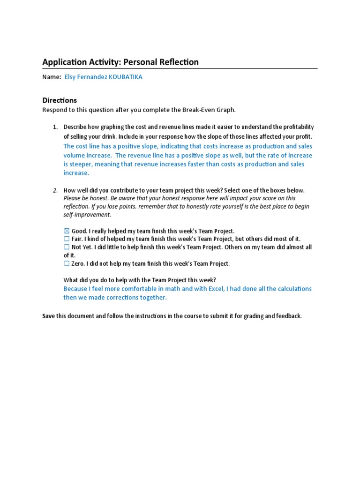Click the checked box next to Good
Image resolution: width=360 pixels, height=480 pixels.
click(66, 231)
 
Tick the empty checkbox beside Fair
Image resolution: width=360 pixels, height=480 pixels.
click(66, 239)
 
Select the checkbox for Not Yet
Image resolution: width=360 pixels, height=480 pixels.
click(66, 247)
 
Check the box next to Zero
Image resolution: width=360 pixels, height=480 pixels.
click(66, 264)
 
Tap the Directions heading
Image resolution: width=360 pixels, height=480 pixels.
click(60, 100)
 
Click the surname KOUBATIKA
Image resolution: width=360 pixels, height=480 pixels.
click(125, 77)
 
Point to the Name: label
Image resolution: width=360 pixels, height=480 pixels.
click(52, 77)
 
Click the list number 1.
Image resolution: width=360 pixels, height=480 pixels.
click(54, 127)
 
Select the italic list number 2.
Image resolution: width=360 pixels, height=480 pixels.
click(54, 190)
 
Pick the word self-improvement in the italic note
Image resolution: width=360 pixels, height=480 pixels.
click(87, 215)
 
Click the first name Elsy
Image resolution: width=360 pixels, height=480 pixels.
click(70, 77)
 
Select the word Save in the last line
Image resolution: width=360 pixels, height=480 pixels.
click(49, 316)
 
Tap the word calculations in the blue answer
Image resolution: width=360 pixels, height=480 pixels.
click(293, 289)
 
